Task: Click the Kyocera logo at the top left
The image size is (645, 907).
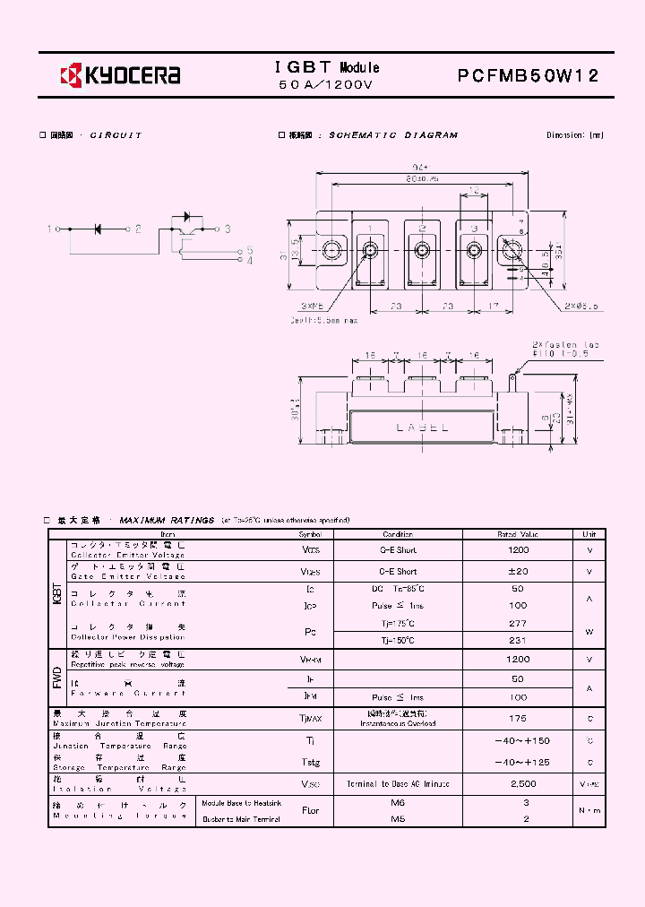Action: click(120, 75)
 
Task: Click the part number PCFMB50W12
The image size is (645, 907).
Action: click(528, 76)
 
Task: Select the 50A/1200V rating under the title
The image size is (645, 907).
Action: click(325, 85)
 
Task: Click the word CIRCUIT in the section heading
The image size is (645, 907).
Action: click(116, 135)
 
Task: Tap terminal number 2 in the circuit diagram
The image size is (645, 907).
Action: click(138, 229)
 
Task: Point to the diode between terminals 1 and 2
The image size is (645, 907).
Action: click(98, 229)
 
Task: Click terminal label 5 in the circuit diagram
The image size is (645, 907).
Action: click(250, 250)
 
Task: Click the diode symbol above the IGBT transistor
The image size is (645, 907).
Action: click(186, 216)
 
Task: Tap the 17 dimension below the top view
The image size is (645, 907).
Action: click(494, 306)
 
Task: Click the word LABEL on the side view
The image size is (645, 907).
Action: click(422, 428)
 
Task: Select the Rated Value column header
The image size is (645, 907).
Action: click(518, 534)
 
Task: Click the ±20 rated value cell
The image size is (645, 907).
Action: click(518, 572)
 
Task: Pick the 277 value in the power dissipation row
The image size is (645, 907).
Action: click(518, 623)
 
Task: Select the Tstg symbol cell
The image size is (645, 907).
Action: click(310, 762)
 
